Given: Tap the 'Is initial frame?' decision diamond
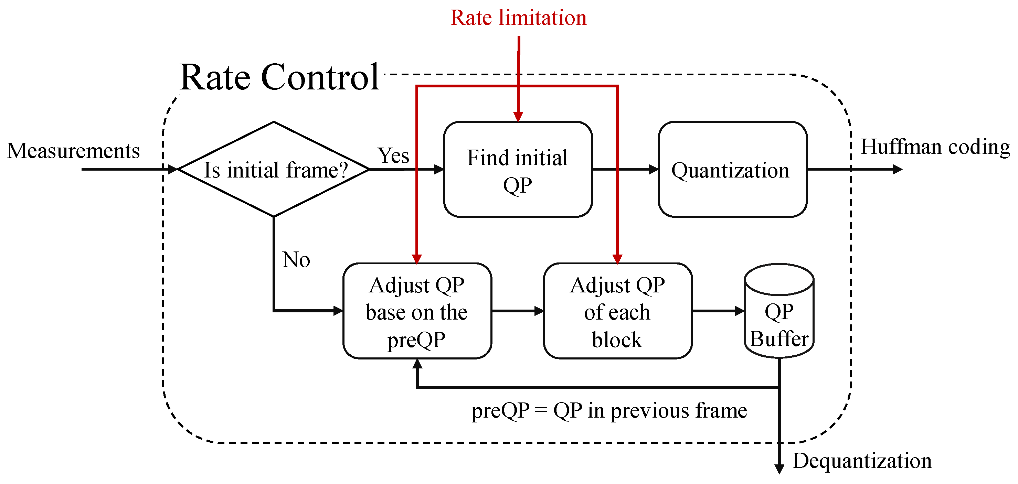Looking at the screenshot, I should (x=274, y=169).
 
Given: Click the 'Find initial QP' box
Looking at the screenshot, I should (x=518, y=169).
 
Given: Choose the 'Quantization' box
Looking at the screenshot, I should (x=732, y=169).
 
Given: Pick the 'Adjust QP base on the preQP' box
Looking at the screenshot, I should (x=417, y=311).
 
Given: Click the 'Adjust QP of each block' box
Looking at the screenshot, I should (x=617, y=311).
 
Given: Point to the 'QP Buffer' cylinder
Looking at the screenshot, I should (x=778, y=316).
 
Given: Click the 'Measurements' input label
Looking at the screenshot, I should (x=74, y=151).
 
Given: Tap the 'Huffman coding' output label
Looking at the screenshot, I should (x=935, y=147).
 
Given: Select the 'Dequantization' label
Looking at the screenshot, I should (x=862, y=461).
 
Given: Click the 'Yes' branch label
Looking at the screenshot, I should (x=393, y=155).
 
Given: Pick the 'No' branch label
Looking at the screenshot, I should (x=296, y=260).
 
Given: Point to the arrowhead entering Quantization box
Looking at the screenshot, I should (x=654, y=169).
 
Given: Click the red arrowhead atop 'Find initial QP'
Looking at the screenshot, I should (x=518, y=116).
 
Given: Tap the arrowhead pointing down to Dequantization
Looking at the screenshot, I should (x=779, y=469).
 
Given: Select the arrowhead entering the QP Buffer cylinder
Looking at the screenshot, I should (x=740, y=311).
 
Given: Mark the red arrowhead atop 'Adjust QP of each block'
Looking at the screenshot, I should (x=617, y=259).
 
